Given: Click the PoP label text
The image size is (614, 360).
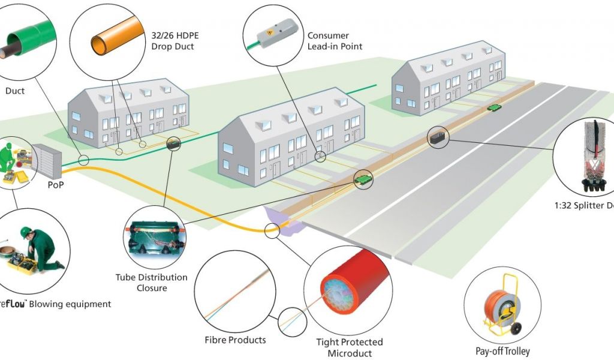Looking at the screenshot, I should click(x=56, y=185).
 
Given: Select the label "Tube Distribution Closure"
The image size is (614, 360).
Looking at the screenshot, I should click(x=151, y=283).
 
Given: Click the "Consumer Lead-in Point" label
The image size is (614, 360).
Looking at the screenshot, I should click(x=335, y=41).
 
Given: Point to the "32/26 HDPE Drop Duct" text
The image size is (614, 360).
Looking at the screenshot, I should click(x=172, y=41).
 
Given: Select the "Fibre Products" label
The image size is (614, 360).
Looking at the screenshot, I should click(x=234, y=340).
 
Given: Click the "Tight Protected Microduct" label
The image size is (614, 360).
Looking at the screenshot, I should click(x=349, y=347).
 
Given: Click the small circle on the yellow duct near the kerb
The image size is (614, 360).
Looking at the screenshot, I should click(x=272, y=230).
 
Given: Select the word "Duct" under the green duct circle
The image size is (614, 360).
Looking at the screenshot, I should click(x=15, y=91).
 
